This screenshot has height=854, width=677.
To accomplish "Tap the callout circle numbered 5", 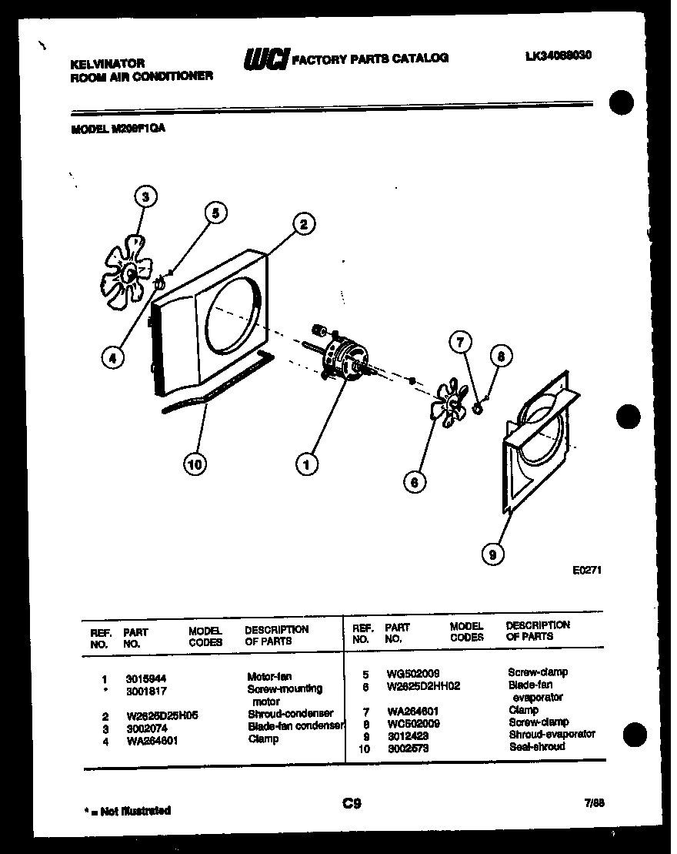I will tap(216, 213).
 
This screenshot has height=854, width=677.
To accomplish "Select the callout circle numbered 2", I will tap(303, 224).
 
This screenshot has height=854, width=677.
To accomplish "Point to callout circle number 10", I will tap(196, 464).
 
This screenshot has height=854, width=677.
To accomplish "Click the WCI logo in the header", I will tap(266, 59).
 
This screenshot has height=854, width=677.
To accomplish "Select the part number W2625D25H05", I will tap(162, 715).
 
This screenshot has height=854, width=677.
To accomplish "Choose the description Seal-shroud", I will tap(536, 746).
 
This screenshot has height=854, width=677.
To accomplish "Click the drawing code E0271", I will tap(586, 571).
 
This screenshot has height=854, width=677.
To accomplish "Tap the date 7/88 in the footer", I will tap(594, 802).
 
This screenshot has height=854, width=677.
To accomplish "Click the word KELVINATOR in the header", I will tap(108, 63).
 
